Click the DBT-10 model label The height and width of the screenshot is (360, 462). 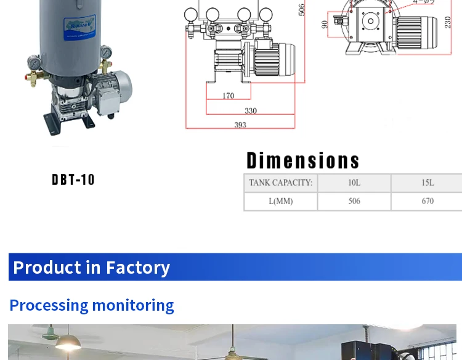tap(73, 179)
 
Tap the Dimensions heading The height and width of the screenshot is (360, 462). tap(302, 161)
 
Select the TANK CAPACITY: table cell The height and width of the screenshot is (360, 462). tap(280, 183)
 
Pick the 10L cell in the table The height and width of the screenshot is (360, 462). tap(354, 183)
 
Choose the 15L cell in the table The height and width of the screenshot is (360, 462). tap(428, 183)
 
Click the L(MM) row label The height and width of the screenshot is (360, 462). tap(280, 202)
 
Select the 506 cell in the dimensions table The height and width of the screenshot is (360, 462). tap(354, 202)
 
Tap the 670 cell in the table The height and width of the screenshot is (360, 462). tap(428, 202)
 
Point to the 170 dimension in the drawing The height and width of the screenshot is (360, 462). tap(228, 96)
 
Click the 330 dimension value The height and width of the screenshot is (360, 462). tap(250, 111)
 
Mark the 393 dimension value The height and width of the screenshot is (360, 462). tap(240, 125)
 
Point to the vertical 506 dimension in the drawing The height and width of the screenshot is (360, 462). tap(302, 10)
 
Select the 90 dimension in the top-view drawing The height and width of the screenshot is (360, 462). tap(325, 24)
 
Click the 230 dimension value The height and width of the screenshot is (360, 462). tap(448, 22)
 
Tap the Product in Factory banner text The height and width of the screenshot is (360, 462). tap(91, 268)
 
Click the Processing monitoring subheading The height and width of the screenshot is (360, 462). tap(91, 305)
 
